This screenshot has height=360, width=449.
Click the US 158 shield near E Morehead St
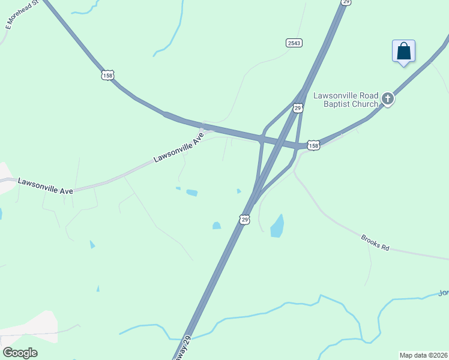[107, 75]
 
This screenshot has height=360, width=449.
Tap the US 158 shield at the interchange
[313, 145]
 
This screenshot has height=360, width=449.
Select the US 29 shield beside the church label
[298, 108]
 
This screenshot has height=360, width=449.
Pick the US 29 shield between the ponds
[244, 219]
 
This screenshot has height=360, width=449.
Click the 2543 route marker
[294, 43]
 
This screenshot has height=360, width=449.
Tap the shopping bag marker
[403, 52]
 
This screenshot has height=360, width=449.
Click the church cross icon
[388, 99]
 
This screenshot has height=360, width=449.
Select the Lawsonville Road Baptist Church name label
[346, 100]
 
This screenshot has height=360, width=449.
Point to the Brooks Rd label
[375, 242]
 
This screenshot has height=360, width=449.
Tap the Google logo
[20, 353]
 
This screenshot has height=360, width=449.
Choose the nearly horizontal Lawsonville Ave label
[45, 185]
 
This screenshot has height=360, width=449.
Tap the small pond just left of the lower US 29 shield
[216, 226]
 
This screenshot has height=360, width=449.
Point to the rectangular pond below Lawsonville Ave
[192, 193]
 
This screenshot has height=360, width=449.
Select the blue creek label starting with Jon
[444, 293]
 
